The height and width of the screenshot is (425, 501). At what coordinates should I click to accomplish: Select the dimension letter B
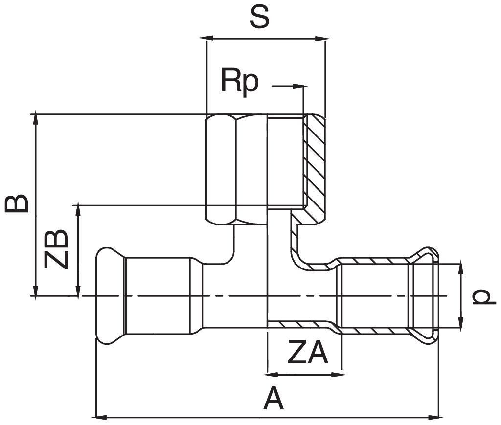pos(17,204)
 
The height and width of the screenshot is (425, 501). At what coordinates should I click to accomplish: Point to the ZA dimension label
pos(307,355)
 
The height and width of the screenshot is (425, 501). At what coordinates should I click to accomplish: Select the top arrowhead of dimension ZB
pos(77,210)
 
